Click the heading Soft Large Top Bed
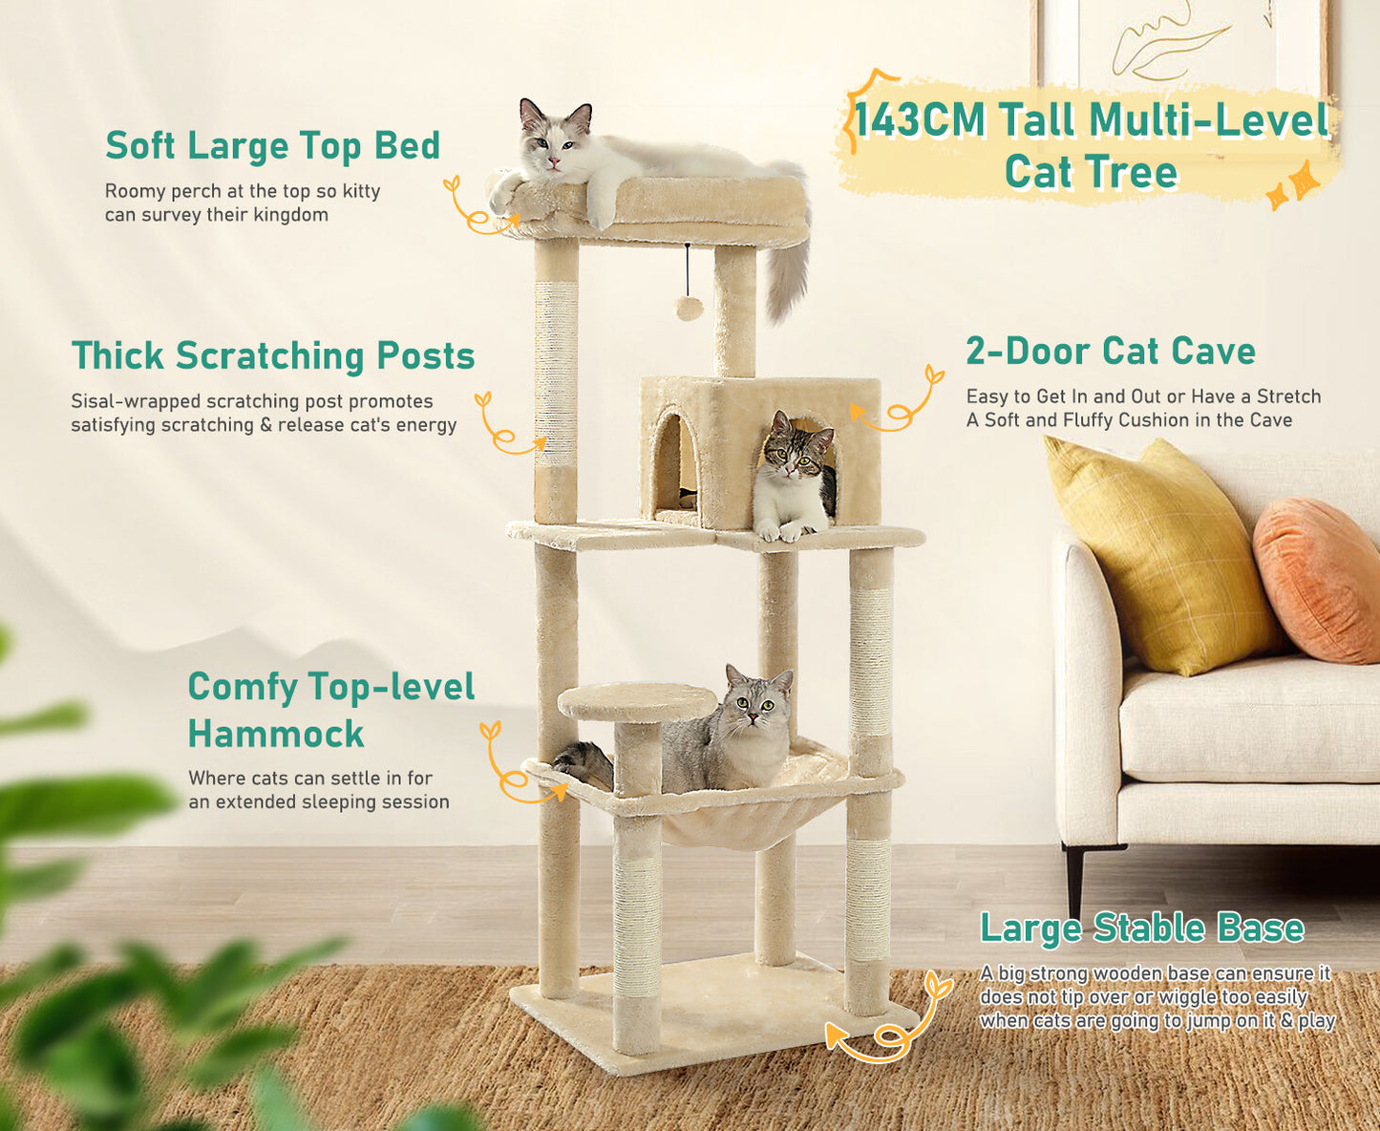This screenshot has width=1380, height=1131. tap(272, 146)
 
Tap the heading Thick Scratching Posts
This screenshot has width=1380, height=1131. tap(273, 355)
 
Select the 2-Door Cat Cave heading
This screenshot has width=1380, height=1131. tap(1110, 352)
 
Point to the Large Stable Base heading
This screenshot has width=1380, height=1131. tap(1141, 928)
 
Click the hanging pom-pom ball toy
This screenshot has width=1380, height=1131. tap(689, 307)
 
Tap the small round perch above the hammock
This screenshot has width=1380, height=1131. tap(637, 702)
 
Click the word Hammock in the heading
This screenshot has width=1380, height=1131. tap(276, 734)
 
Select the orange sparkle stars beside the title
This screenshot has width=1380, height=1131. tap(1293, 185)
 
